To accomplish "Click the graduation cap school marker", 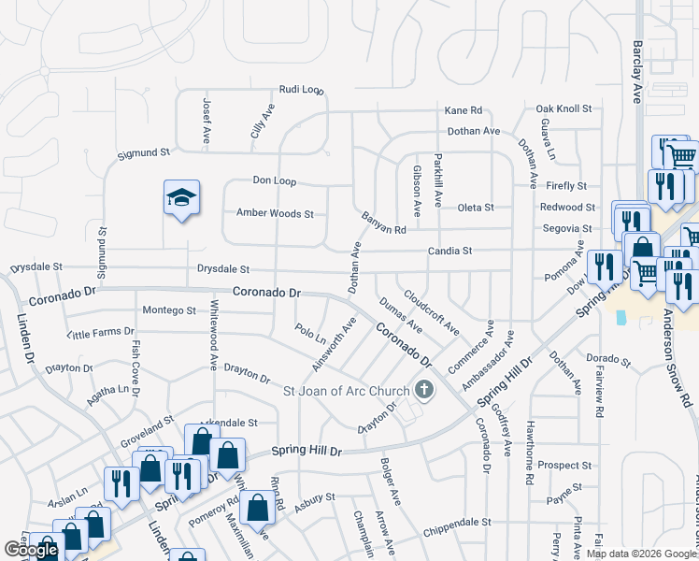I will click(182, 198).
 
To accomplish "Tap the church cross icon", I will click(424, 390).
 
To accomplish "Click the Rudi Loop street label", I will click(301, 91).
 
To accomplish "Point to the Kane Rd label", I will click(463, 110).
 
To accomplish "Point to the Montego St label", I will click(168, 310).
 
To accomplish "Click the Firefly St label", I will click(568, 186).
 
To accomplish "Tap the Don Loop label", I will click(274, 180).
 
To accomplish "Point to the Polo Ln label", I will click(309, 334).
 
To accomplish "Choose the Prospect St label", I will click(560, 465).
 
